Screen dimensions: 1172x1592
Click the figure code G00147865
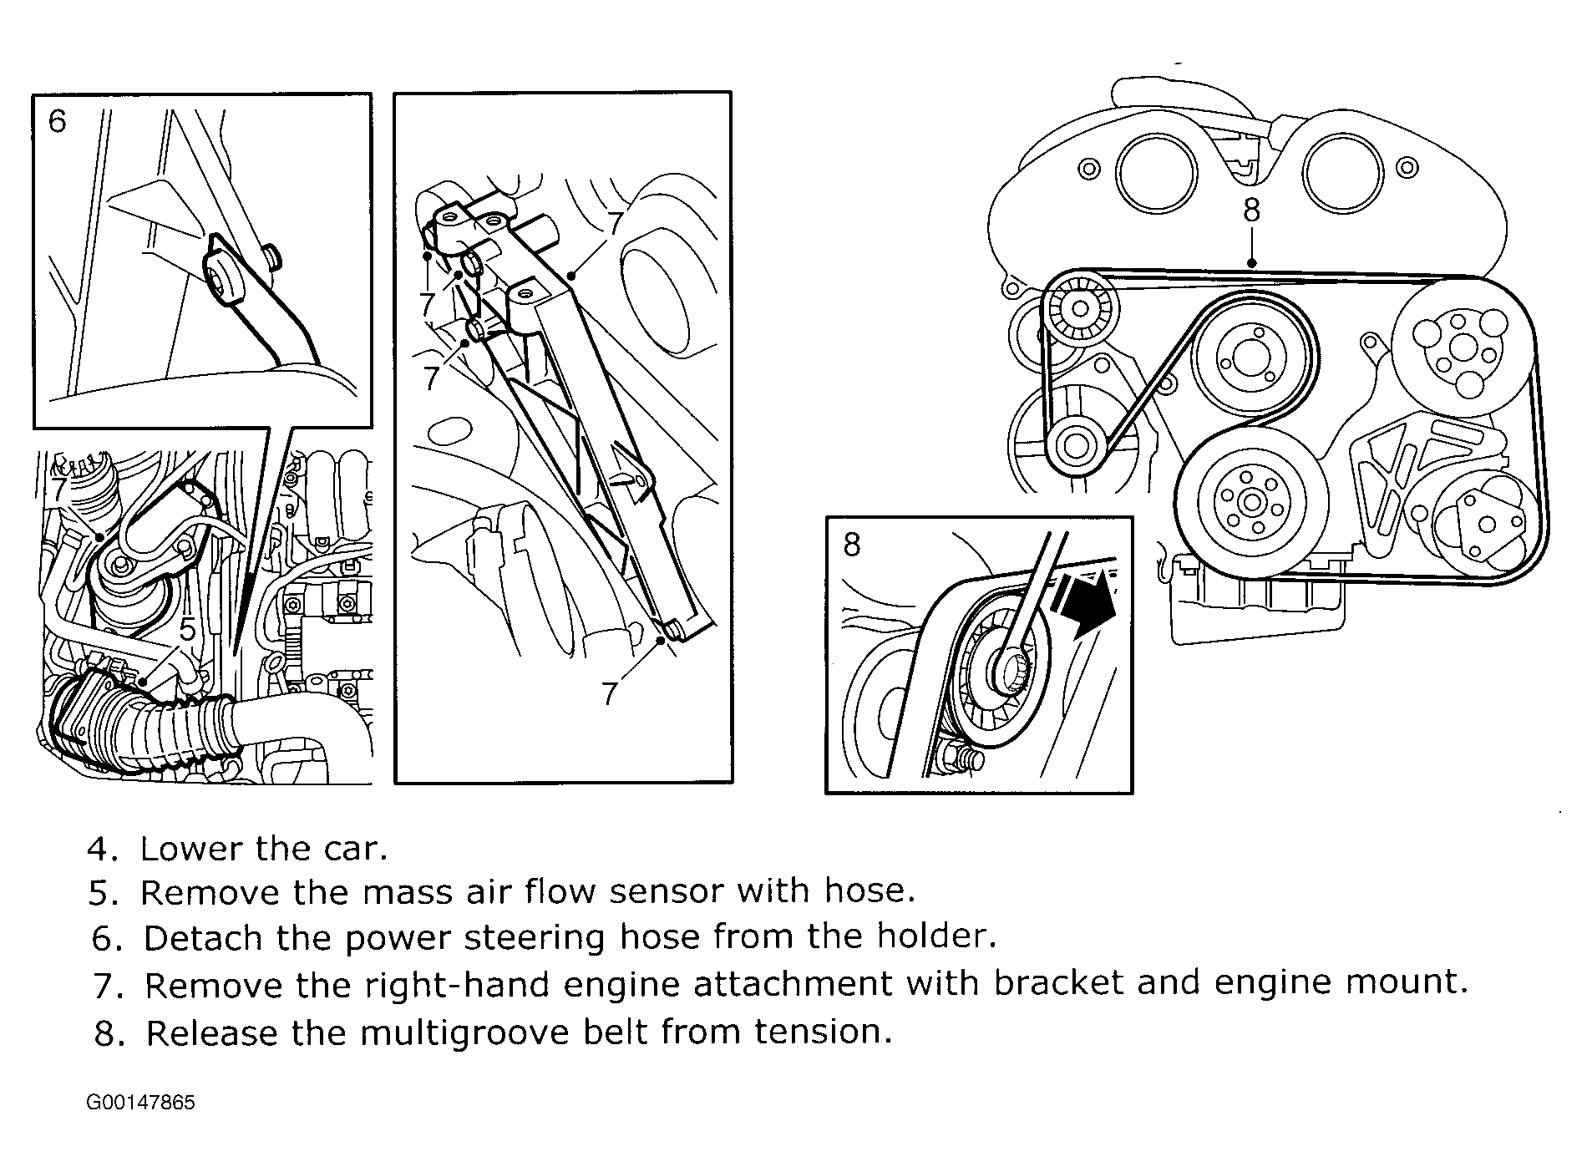(x=140, y=1103)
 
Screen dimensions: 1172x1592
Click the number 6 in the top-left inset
(x=57, y=122)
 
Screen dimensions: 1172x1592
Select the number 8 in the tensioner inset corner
(x=851, y=545)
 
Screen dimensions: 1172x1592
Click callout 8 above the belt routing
(x=1250, y=211)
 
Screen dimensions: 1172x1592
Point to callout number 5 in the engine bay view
(x=188, y=629)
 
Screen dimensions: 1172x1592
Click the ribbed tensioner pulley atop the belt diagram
(x=1081, y=312)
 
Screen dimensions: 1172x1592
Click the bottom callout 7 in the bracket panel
(x=610, y=693)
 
